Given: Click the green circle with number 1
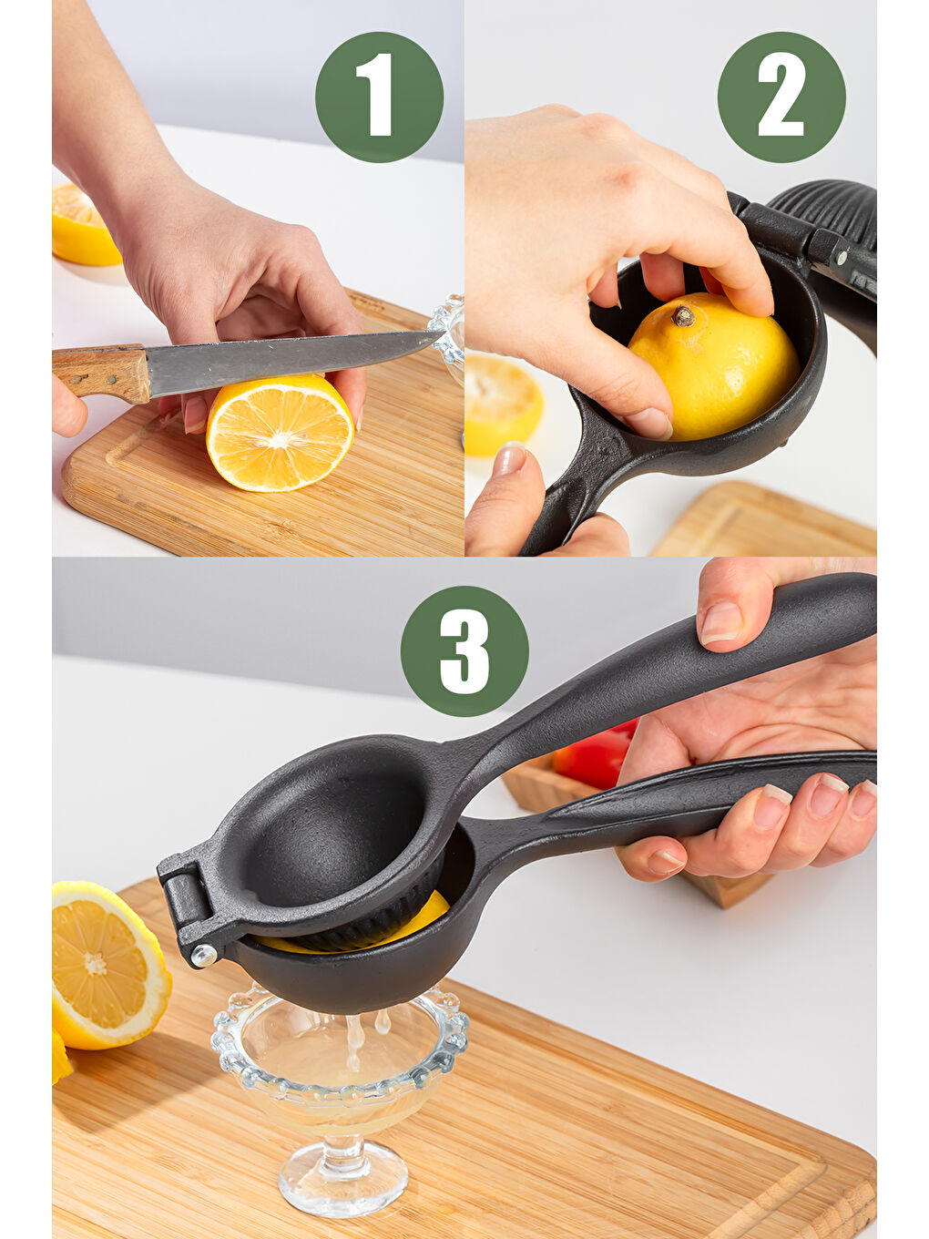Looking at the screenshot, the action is tap(379, 97).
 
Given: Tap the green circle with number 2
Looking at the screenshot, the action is tap(781, 97).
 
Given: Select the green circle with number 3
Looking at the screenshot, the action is tap(464, 650).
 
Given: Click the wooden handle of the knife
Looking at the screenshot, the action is tap(100, 373).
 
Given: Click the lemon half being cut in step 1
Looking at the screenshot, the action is tap(281, 433).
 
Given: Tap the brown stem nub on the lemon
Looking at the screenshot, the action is tap(683, 316).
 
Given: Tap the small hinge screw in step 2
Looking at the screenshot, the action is tap(842, 258).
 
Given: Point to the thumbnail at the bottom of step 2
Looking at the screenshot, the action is tap(509, 459).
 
